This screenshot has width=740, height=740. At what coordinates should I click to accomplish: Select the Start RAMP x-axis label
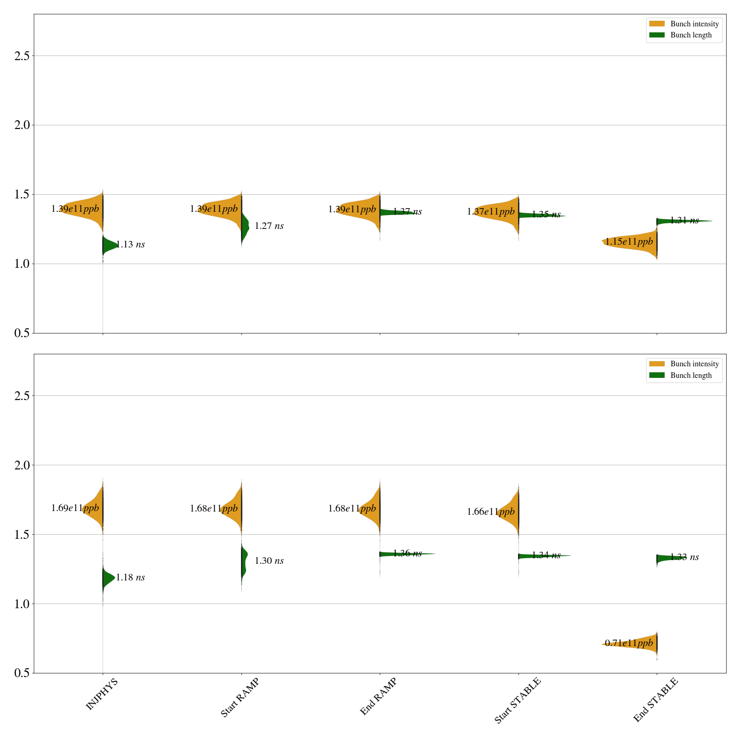tap(240, 697)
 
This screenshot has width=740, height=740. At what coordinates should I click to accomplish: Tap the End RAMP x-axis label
tap(378, 697)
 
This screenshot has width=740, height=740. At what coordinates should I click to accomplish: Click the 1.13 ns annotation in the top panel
tap(130, 245)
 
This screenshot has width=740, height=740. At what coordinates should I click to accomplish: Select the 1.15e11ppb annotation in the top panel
tap(629, 241)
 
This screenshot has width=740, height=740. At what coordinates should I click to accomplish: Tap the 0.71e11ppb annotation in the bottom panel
tap(629, 643)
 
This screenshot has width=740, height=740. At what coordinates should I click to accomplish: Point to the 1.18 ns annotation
tap(130, 577)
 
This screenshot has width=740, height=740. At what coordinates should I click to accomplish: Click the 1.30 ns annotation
tap(269, 561)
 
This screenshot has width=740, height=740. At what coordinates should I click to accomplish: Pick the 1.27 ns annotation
tap(269, 226)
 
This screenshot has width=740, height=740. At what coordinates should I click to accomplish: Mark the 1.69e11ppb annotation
tap(75, 508)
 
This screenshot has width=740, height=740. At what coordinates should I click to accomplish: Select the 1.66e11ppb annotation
tap(491, 512)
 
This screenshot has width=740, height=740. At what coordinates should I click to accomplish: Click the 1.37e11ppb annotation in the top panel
tap(491, 212)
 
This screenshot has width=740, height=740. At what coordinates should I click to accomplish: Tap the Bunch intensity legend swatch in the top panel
tap(657, 24)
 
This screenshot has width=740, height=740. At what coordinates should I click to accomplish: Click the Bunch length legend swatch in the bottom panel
tap(657, 375)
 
